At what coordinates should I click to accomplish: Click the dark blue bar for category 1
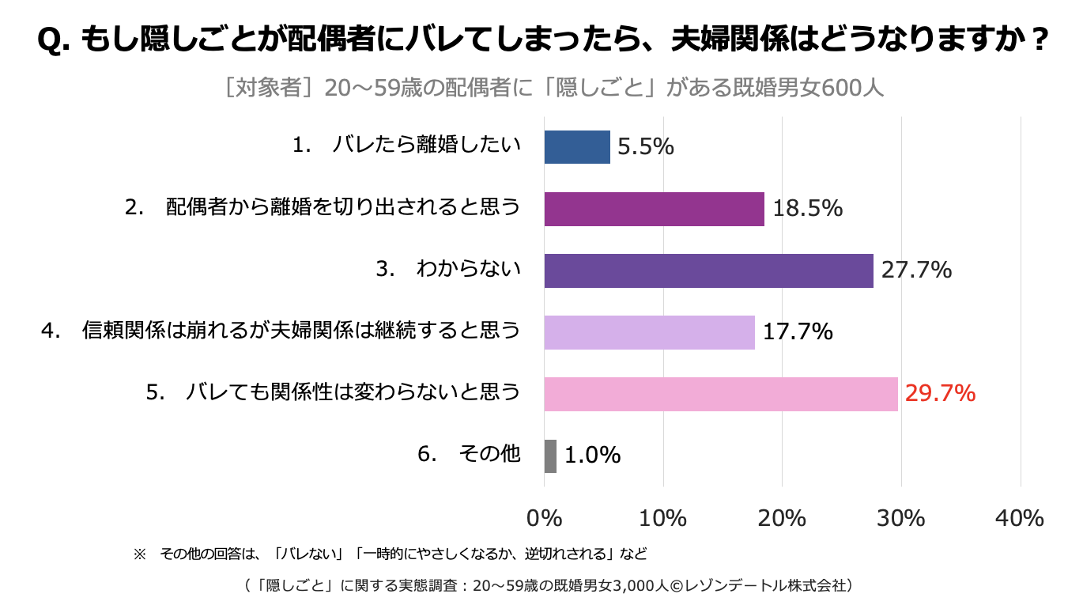tap(577, 147)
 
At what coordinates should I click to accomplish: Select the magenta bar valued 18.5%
tap(655, 209)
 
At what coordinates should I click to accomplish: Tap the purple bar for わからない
tap(709, 270)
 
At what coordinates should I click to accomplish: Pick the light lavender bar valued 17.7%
tap(650, 332)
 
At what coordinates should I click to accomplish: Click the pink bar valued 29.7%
tap(722, 394)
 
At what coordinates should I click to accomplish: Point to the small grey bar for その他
tap(550, 456)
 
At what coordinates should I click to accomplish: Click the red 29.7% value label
tap(941, 393)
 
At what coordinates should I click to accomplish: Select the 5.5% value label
tap(646, 146)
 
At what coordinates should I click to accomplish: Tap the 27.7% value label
tap(917, 270)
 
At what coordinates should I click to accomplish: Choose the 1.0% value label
tap(593, 456)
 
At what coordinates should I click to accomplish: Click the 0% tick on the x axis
tap(545, 519)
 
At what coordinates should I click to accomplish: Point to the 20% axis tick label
tap(783, 519)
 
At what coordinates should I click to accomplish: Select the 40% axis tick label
tap(1020, 519)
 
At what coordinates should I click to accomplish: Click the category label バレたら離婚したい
tap(426, 145)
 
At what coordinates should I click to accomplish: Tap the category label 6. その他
tap(469, 454)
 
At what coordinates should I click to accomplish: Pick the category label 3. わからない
tap(448, 268)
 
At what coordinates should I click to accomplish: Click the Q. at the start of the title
tap(54, 40)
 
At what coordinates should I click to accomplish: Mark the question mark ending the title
tap(1038, 39)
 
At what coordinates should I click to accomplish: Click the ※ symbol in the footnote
tap(140, 554)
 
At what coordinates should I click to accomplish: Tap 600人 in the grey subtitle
tap(853, 88)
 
